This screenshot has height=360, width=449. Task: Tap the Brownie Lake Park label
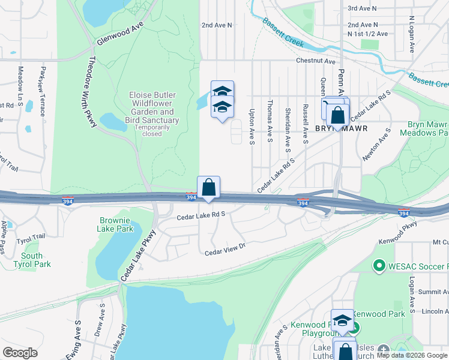click(x=116, y=224)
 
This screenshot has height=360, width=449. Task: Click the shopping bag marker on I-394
click(x=208, y=187)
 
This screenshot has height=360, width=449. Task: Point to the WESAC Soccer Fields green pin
click(x=379, y=265)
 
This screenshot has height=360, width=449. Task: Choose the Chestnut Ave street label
click(x=315, y=61)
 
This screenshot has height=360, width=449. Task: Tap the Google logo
click(x=20, y=353)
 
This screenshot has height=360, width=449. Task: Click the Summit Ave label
click(x=433, y=292)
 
